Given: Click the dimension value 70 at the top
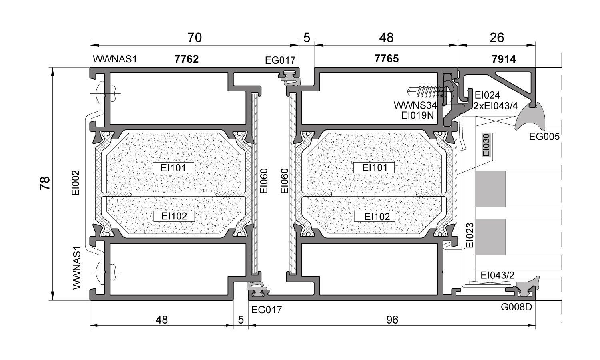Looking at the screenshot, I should coord(195,38).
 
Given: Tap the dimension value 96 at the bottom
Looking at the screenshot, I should coord(392,320).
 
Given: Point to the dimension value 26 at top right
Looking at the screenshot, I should coord(496,38).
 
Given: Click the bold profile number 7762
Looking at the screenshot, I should coord(187,59).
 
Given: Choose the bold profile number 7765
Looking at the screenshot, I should coord(386,59).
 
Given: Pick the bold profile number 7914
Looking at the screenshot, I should coord(504,59).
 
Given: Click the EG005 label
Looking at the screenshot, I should coord(544,137).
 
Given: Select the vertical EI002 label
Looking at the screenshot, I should coord(76,183).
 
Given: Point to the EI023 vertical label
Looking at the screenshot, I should coord(470,235).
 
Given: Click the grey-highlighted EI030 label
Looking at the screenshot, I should coord(486,145).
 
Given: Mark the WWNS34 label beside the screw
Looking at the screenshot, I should coord(415,106).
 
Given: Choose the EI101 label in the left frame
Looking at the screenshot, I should coord(173,167).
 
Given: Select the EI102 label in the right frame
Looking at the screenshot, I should coord(375,217).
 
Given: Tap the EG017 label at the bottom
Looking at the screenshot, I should coord(267,310).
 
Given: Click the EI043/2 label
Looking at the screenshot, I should coord(498,275).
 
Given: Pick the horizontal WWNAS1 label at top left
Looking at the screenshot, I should coord(115,59).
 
